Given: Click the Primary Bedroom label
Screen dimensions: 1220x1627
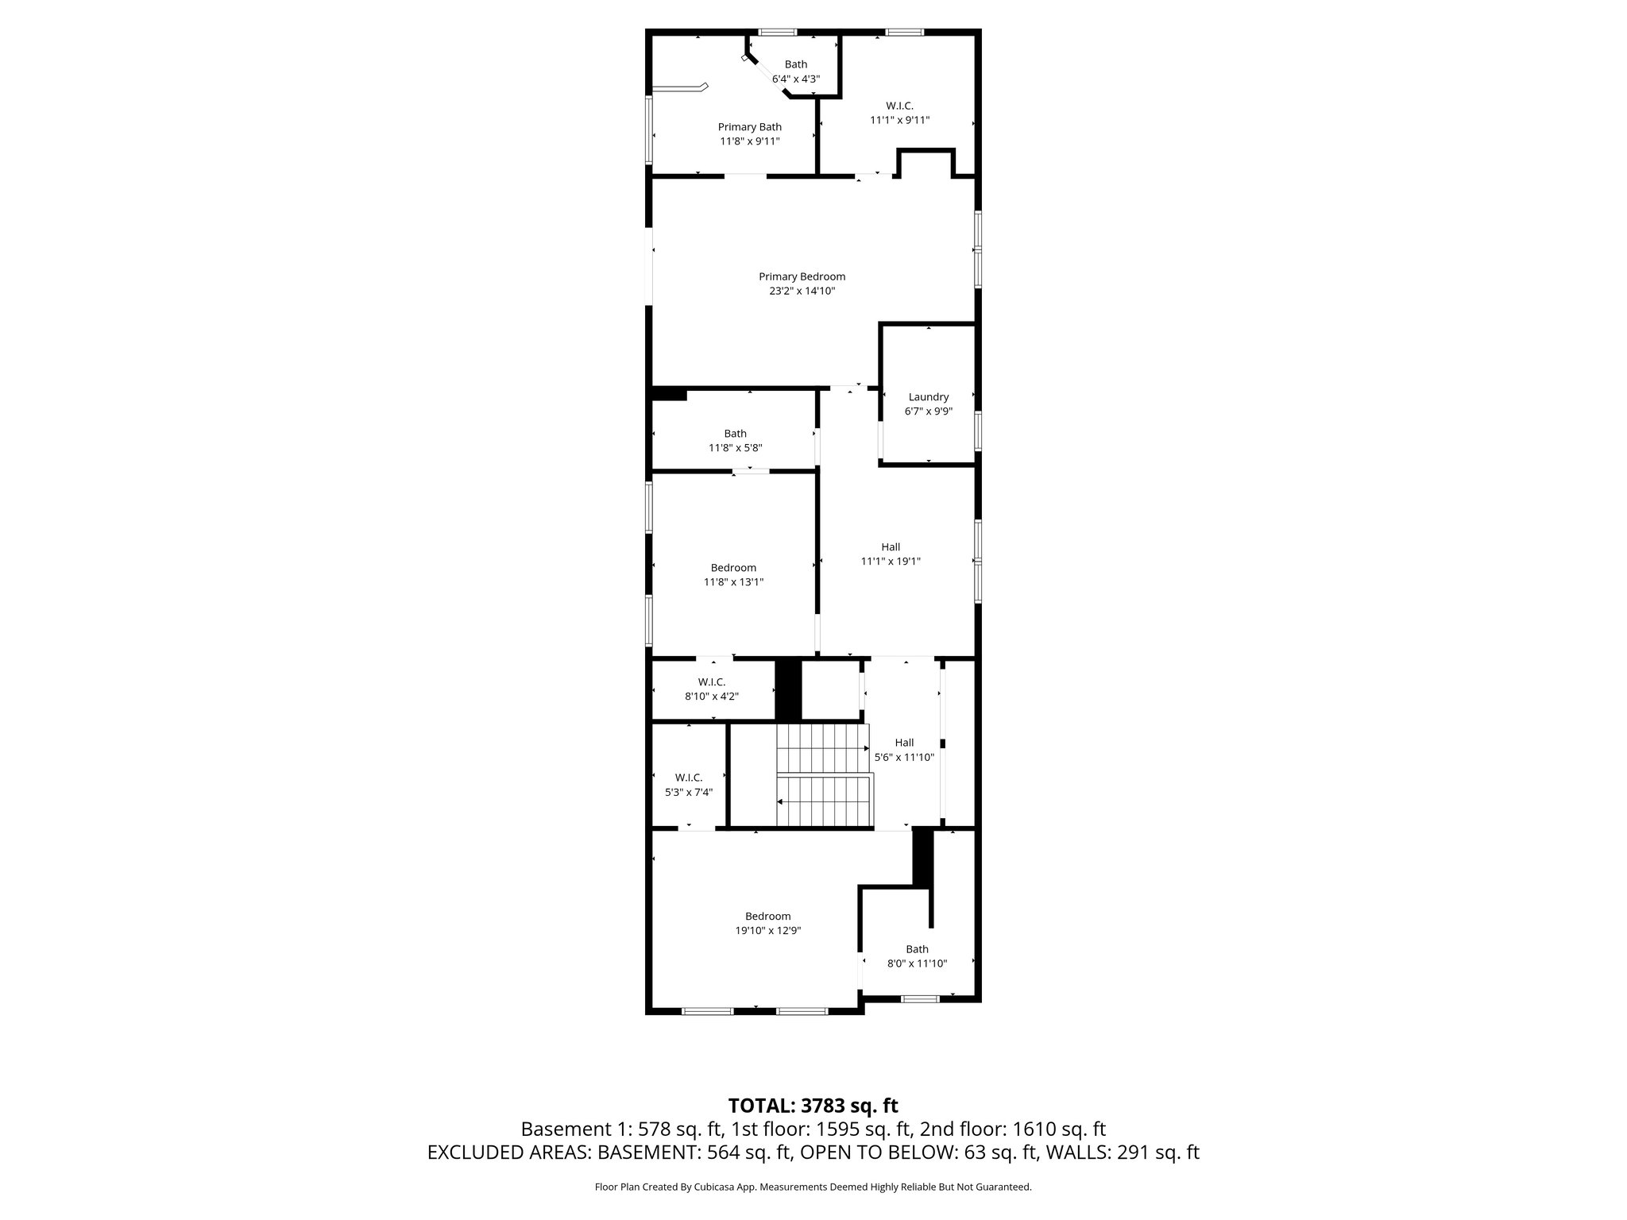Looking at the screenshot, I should point(802,276).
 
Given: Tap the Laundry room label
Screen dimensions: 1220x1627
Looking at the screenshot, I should point(928,397).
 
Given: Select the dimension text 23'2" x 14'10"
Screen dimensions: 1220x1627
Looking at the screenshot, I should point(802,291).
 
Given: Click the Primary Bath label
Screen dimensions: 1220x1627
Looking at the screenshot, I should point(749,127).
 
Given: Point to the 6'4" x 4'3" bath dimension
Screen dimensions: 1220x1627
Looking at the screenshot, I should point(795,79).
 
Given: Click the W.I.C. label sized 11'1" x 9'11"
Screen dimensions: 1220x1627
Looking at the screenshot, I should point(899,106).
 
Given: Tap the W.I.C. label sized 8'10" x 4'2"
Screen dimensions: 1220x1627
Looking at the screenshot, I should point(711,682).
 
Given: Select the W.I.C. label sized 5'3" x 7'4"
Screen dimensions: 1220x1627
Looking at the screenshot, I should point(688,778).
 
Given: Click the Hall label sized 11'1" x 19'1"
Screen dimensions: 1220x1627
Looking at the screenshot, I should point(890,547).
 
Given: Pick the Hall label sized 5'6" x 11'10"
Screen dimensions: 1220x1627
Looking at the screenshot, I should point(904,743).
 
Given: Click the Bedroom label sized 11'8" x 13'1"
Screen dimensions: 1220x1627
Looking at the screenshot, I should point(733,568).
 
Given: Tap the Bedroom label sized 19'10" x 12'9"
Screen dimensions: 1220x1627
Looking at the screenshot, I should point(767,917).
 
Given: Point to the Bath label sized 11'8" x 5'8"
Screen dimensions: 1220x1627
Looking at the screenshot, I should point(735,434).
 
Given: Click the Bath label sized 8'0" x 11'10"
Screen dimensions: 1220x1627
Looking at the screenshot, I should point(917,949).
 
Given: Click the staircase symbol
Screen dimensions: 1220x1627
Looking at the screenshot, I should point(823,775).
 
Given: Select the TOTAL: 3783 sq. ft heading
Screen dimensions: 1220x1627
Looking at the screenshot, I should point(813,1106).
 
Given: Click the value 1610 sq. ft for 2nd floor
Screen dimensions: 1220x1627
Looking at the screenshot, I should point(1059,1129).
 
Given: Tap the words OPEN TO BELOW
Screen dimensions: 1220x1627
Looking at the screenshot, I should point(878,1152).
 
